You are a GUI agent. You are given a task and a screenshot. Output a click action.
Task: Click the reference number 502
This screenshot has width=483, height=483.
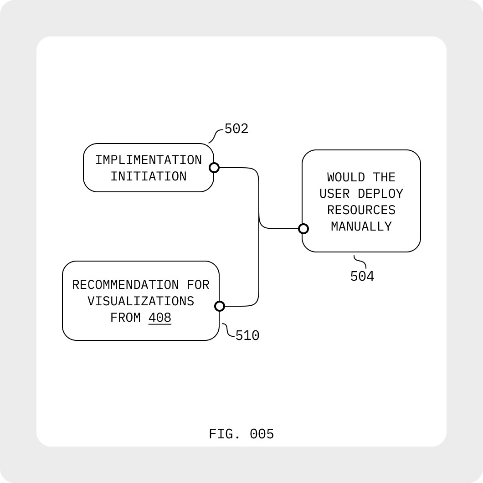pyautogui.click(x=236, y=129)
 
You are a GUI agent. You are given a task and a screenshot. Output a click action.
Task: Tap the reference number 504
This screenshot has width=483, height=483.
pyautogui.click(x=362, y=277)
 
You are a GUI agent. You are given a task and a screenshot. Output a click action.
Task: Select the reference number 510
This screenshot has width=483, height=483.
pyautogui.click(x=247, y=336)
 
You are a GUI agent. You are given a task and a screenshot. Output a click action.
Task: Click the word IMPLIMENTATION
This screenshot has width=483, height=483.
pyautogui.click(x=149, y=160)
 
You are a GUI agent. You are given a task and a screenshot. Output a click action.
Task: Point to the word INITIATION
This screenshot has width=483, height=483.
pyautogui.click(x=149, y=176)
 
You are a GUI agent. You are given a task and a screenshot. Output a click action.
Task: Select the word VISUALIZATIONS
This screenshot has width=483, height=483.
pyautogui.click(x=141, y=302)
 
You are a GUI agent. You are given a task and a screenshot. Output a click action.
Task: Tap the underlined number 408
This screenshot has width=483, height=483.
pyautogui.click(x=160, y=318)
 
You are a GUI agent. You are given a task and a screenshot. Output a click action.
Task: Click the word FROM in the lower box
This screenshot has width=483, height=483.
pyautogui.click(x=126, y=318)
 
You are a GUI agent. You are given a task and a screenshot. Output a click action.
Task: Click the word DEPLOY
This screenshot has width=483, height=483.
pyautogui.click(x=380, y=194)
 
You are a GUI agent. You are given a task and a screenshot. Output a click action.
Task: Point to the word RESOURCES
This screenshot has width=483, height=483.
pyautogui.click(x=361, y=210)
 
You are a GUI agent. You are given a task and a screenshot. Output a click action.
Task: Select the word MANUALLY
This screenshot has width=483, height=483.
pyautogui.click(x=361, y=226)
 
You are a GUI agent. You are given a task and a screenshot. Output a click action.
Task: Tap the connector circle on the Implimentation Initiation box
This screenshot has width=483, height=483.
pyautogui.click(x=214, y=168)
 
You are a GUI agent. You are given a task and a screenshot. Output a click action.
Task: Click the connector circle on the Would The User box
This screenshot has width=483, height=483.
pyautogui.click(x=303, y=229)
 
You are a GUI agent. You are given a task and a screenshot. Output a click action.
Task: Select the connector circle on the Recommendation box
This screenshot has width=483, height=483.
pyautogui.click(x=220, y=306)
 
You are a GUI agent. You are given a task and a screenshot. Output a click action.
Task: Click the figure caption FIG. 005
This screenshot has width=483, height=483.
pyautogui.click(x=241, y=434)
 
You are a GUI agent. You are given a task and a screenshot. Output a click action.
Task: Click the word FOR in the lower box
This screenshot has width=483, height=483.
pyautogui.click(x=198, y=285)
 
